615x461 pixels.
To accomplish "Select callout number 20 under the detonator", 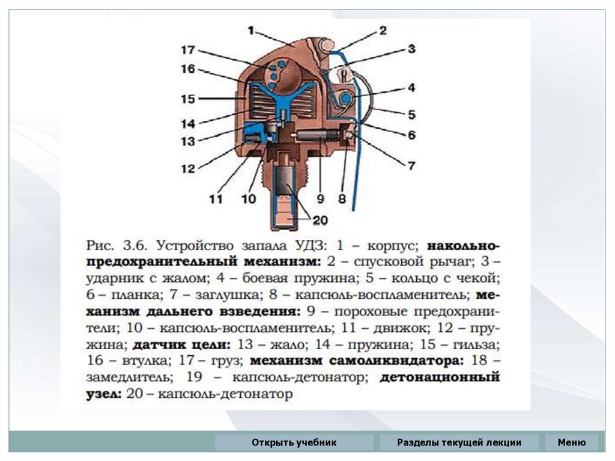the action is [320, 221].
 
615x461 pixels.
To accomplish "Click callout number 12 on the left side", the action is [189, 169].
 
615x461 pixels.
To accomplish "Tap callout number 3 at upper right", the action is [411, 49].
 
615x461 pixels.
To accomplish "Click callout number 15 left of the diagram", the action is [189, 98].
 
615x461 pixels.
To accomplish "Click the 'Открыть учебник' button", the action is [294, 443].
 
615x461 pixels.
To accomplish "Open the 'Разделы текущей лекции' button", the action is [459, 443].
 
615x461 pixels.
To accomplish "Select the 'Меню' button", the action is [571, 443].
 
